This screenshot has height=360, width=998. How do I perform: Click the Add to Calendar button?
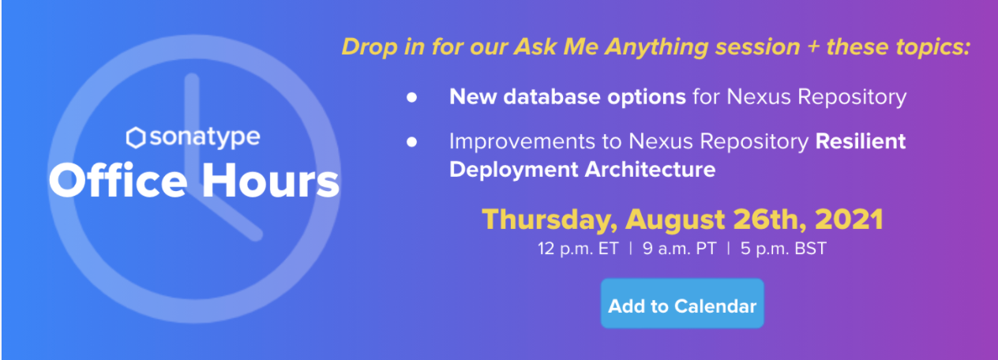click(x=682, y=303)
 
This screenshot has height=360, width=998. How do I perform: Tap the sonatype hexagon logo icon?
click(x=136, y=137)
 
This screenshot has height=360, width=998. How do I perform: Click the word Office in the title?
click(x=118, y=179)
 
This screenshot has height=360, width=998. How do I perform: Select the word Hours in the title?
click(x=271, y=179)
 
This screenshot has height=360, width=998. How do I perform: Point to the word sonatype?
click(x=205, y=138)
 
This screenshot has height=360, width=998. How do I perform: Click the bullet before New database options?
click(x=411, y=98)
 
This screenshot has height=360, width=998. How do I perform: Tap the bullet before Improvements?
click(x=411, y=142)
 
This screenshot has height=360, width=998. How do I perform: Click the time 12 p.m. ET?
click(x=578, y=249)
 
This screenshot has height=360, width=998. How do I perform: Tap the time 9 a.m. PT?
click(x=680, y=249)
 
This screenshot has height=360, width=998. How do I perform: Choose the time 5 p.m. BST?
click(x=783, y=249)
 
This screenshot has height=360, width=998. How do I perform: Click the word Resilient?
click(x=861, y=141)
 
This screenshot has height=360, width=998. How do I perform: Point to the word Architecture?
click(x=650, y=169)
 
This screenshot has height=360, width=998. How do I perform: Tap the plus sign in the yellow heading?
click(x=813, y=47)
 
